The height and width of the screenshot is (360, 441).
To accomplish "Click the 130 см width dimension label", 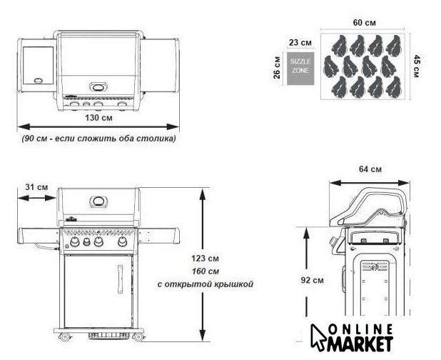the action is click(98, 117).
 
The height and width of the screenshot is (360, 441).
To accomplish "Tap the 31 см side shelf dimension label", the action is click(36, 187).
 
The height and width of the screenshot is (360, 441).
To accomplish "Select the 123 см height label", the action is click(205, 258).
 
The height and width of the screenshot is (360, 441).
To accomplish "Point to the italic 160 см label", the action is click(206, 271).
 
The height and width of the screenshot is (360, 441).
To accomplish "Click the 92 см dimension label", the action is click(312, 280).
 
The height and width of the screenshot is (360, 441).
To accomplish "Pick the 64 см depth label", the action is click(370, 169).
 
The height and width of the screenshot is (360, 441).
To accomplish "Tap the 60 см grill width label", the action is click(364, 23).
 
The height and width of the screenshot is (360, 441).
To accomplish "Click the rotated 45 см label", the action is click(417, 66).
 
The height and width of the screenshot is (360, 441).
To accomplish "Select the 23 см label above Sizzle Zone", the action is click(300, 43).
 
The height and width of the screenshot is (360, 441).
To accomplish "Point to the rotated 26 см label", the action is click(277, 68).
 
